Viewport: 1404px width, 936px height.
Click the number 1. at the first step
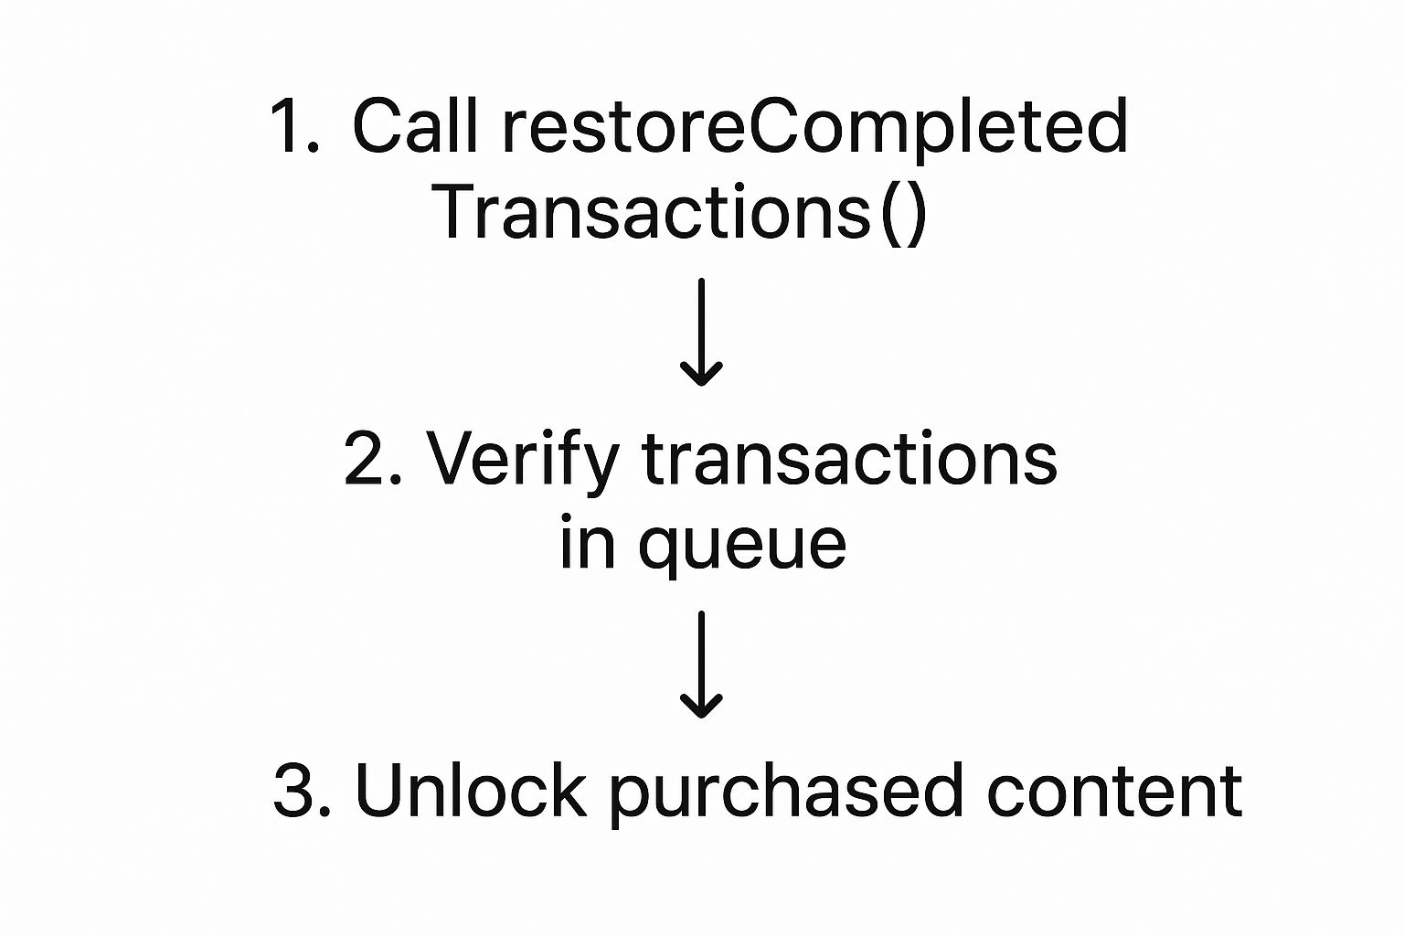click(294, 126)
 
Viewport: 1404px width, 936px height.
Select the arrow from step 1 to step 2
click(702, 332)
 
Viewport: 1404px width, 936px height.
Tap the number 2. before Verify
click(373, 459)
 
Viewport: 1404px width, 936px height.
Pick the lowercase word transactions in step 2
click(849, 459)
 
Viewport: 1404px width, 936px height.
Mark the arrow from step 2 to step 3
click(702, 665)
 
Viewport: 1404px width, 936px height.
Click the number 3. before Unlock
click(302, 790)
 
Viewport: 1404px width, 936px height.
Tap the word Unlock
click(470, 790)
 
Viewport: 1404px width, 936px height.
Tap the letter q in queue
click(660, 548)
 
